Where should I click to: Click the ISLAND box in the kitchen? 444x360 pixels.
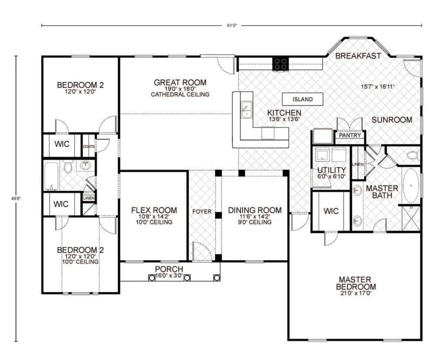coord(302,99)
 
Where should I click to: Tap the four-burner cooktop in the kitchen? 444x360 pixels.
coord(280,64)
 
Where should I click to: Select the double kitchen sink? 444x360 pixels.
coord(247,110)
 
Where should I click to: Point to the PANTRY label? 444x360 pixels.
coord(350,135)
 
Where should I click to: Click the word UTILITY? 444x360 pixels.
coord(332,170)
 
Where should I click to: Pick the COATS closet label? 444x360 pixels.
coord(88,147)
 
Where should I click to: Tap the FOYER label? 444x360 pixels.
coord(202,212)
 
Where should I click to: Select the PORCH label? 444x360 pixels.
coord(169,269)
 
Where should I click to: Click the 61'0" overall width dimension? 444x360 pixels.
coord(232,26)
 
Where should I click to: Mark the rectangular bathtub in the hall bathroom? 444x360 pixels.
coord(51,176)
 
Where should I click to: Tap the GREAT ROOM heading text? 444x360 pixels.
coord(180,82)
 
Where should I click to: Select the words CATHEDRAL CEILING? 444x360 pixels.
coord(180,95)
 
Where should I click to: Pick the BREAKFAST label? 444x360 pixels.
coord(358,56)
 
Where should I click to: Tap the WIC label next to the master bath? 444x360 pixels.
coord(331,211)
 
